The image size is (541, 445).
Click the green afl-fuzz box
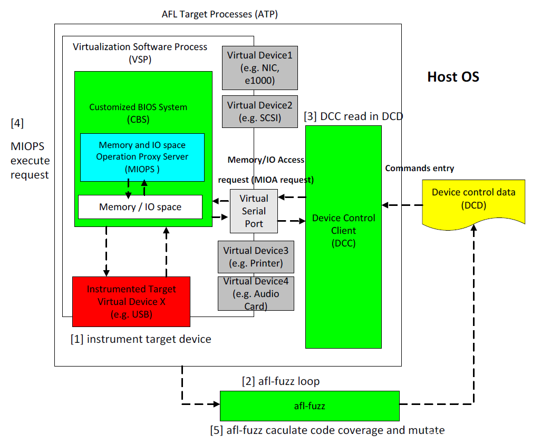click(x=310, y=406)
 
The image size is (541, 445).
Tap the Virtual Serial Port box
click(x=254, y=211)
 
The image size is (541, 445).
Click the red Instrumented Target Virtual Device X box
click(x=131, y=301)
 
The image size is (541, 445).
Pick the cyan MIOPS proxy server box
click(x=142, y=157)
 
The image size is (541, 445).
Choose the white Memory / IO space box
click(x=140, y=207)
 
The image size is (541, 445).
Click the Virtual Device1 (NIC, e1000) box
click(x=259, y=68)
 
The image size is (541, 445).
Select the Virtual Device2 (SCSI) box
click(x=259, y=112)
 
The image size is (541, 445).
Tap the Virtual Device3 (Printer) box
click(x=256, y=256)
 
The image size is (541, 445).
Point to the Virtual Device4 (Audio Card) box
click(x=256, y=293)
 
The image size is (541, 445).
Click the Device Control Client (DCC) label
click(x=344, y=231)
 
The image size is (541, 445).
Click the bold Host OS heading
click(x=453, y=77)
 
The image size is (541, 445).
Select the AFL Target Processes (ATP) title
click(x=219, y=14)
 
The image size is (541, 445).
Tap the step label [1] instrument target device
click(x=141, y=339)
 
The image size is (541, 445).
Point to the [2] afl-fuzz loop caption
click(x=281, y=380)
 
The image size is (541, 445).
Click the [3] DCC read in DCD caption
click(x=353, y=116)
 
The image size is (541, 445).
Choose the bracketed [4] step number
click(x=17, y=123)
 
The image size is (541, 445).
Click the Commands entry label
click(x=420, y=169)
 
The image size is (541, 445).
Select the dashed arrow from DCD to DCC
click(x=402, y=204)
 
